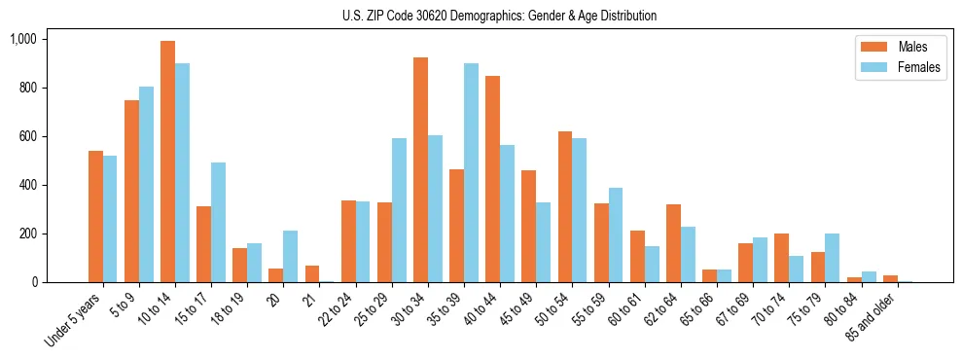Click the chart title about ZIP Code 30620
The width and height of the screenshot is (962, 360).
pyautogui.click(x=499, y=16)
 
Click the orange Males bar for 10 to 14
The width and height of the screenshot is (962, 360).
pyautogui.click(x=168, y=162)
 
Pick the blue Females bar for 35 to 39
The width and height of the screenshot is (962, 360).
pyautogui.click(x=471, y=173)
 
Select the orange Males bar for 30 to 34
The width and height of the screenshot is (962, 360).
pyautogui.click(x=421, y=170)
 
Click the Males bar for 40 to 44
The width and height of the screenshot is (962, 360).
pyautogui.click(x=493, y=179)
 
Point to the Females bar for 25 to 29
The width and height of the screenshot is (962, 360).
pyautogui.click(x=399, y=210)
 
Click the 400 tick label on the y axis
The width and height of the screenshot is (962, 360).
pyautogui.click(x=26, y=185)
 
